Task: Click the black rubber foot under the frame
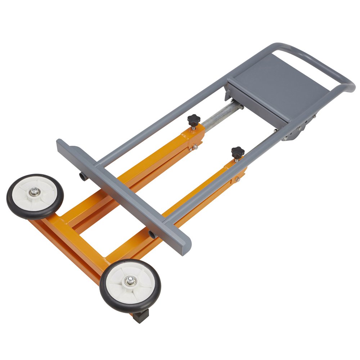[x=140, y=316]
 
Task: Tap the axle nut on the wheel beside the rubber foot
[x=130, y=281]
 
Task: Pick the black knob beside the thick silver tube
[x=194, y=120]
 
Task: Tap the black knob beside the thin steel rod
[x=238, y=152]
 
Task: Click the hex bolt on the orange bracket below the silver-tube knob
[x=194, y=147]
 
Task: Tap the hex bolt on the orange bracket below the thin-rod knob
[x=238, y=179]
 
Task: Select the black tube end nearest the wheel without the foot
[x=82, y=176]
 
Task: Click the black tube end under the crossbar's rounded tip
[x=153, y=235]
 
